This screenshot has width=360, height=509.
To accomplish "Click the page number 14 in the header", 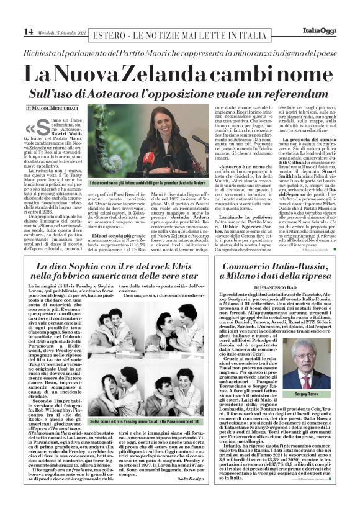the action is click(11, 31).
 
